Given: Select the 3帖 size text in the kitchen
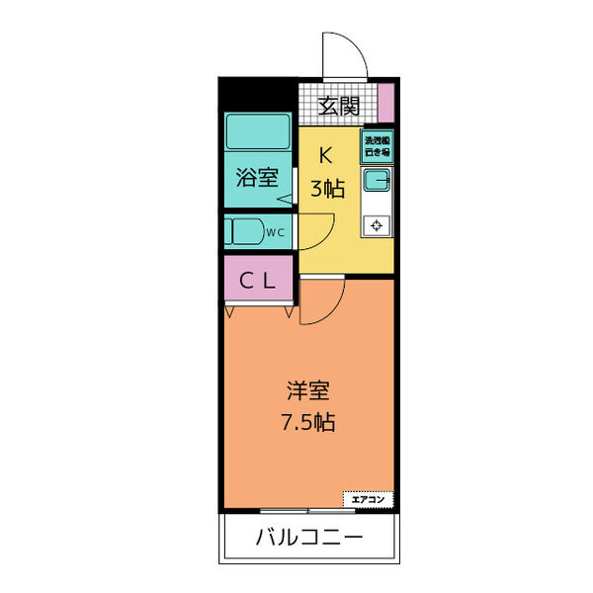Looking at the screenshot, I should [x=327, y=190].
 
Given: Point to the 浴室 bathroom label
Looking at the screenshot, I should [x=256, y=179].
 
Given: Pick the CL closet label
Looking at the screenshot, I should [x=257, y=282].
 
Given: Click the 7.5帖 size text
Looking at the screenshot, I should [x=307, y=423].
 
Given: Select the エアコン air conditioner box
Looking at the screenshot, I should [x=367, y=499].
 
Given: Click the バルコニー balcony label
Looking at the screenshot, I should [x=308, y=540].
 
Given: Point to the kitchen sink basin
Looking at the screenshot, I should [x=377, y=181].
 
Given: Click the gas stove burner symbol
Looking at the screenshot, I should [x=377, y=225].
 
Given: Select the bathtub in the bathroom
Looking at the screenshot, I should [x=256, y=130].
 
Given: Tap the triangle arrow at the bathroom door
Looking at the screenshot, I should [x=284, y=204].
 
